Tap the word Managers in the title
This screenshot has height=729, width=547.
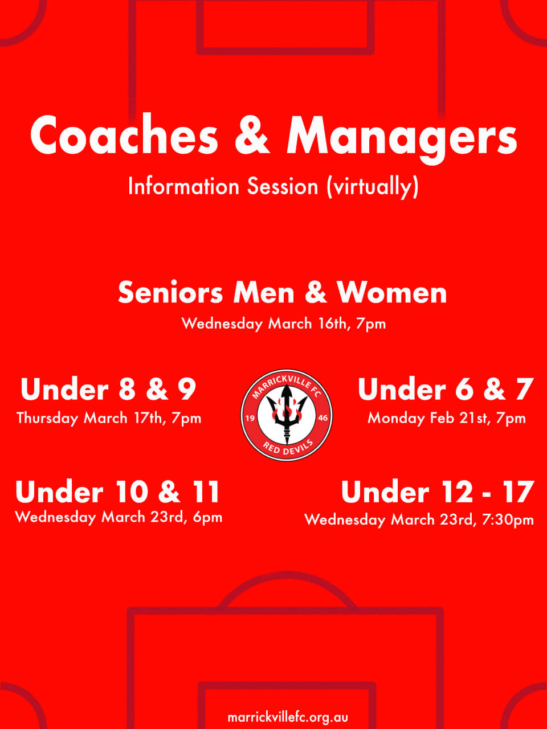(x=402, y=140)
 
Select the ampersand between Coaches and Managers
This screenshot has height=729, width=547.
(x=252, y=136)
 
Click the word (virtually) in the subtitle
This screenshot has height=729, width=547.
(x=372, y=187)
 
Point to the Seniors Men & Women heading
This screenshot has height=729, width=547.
(x=282, y=293)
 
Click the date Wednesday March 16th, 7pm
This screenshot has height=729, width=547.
(x=284, y=323)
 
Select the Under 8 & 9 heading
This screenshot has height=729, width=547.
(x=108, y=389)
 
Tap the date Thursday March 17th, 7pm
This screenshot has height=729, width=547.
(x=109, y=418)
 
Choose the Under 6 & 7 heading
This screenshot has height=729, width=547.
(x=446, y=389)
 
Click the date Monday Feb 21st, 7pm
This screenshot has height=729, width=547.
(x=446, y=418)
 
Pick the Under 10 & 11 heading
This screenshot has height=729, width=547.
(x=117, y=492)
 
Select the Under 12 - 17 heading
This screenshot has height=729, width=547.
(x=438, y=492)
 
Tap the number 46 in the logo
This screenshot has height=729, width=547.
(x=323, y=418)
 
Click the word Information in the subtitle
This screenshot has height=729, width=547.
(x=183, y=186)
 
